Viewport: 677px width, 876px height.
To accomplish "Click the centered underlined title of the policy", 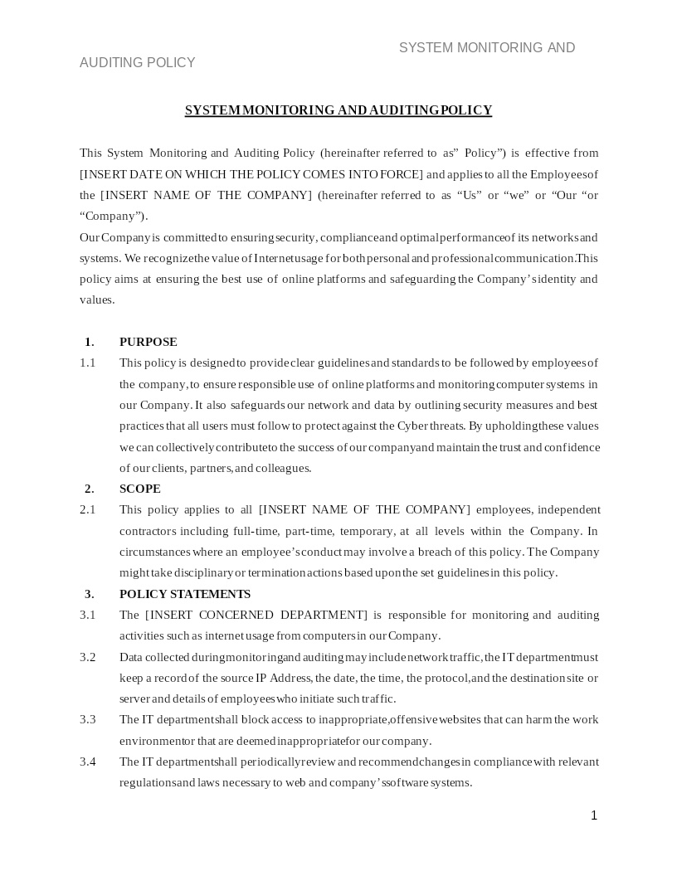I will tap(338, 110).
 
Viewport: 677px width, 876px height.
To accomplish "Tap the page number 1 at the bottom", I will tap(594, 815).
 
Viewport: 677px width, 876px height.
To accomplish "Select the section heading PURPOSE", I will tap(149, 342).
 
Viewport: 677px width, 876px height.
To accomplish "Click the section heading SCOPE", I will tap(140, 489).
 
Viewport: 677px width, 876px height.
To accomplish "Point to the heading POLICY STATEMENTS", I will tap(185, 594).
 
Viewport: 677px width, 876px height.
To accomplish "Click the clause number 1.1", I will tap(88, 363).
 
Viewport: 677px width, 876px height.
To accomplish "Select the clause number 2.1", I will tap(88, 509).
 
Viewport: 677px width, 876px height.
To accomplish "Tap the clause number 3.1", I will tap(88, 615).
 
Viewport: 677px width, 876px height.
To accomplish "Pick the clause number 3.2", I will tap(88, 657).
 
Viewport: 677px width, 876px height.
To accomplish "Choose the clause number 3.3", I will tap(88, 719).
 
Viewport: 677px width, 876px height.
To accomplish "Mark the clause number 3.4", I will tap(88, 762).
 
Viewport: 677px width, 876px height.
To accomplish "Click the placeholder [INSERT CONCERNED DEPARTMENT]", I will tap(256, 615).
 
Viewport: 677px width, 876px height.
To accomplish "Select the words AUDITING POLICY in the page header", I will tap(138, 63).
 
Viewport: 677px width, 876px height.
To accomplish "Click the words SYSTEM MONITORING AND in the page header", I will tap(487, 48).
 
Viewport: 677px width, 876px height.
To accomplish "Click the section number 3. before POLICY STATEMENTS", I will tap(90, 594).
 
